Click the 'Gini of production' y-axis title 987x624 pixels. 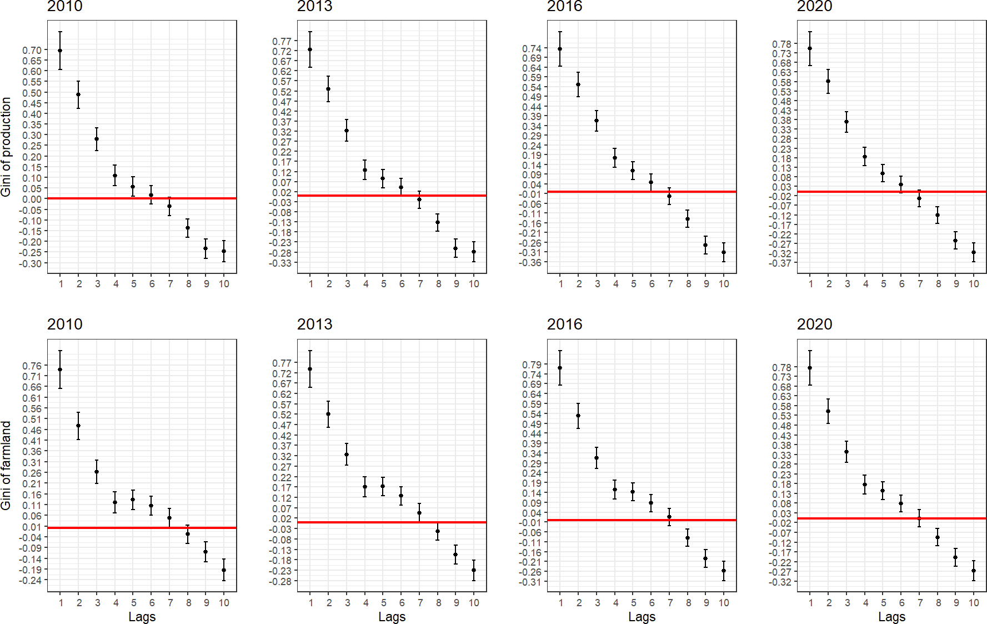click(x=6, y=147)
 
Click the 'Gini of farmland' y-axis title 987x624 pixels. click(x=6, y=466)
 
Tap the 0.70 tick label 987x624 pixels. click(x=32, y=50)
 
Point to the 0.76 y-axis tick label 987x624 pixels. click(x=32, y=366)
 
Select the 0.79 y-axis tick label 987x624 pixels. click(x=532, y=365)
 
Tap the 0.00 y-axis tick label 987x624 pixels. click(x=32, y=199)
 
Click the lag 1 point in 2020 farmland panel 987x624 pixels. click(x=810, y=368)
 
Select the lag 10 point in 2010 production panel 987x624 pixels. click(x=224, y=251)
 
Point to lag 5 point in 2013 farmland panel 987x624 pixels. click(x=383, y=486)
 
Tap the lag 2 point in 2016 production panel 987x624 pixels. click(x=578, y=84)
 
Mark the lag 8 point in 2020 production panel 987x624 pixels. click(x=938, y=215)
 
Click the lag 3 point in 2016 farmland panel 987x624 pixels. click(x=597, y=458)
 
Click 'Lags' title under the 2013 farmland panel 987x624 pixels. click(x=392, y=617)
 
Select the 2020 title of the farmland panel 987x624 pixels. click(x=814, y=324)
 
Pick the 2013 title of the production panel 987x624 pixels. click(x=314, y=6)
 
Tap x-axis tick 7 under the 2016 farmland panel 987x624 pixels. click(x=670, y=603)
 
